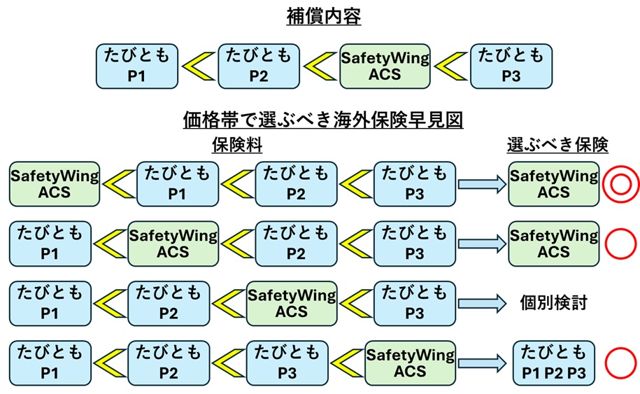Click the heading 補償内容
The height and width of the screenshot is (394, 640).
(323, 17)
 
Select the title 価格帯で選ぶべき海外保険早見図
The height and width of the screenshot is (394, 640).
(323, 120)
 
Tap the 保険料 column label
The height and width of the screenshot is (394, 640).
(236, 145)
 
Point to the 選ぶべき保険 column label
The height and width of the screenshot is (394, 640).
(557, 145)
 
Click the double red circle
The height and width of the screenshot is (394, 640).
(620, 185)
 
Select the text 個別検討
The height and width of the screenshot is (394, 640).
(553, 303)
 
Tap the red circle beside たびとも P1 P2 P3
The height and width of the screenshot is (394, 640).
(620, 363)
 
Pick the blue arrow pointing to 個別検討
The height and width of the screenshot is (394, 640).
(481, 303)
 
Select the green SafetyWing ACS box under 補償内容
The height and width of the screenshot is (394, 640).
(385, 66)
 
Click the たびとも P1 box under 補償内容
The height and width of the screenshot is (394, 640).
(136, 66)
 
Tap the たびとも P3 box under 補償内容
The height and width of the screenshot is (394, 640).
(511, 66)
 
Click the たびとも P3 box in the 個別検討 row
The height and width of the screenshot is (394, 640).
(415, 303)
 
